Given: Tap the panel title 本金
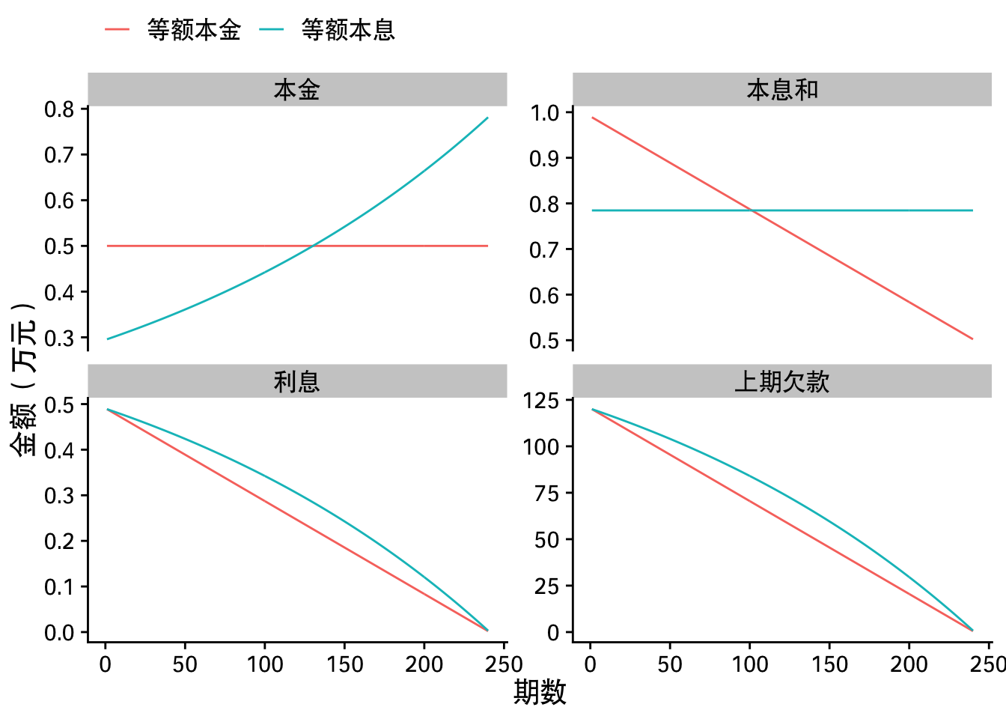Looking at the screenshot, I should [x=297, y=90].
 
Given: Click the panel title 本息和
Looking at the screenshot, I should [x=782, y=90].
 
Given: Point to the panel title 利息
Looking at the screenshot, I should [x=297, y=382].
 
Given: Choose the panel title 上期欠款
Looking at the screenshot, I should [x=782, y=382].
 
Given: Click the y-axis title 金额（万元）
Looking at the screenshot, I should [x=23, y=379].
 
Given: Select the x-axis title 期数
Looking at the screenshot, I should [x=540, y=693].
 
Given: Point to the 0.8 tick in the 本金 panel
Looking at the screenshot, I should [x=60, y=109].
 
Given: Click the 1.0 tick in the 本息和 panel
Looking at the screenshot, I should [x=545, y=113].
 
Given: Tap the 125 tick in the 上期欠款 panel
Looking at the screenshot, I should [x=541, y=401].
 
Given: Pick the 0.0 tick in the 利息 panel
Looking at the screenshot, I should [x=60, y=633].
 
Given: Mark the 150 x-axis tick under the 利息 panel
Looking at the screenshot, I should [x=344, y=664].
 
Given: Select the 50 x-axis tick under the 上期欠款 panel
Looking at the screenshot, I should [x=670, y=664].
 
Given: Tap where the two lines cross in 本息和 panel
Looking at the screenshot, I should [x=752, y=210].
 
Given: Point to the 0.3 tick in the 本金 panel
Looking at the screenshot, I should [x=60, y=339].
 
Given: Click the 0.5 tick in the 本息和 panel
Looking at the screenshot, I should [x=545, y=341].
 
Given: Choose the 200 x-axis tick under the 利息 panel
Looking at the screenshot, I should [x=424, y=664].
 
